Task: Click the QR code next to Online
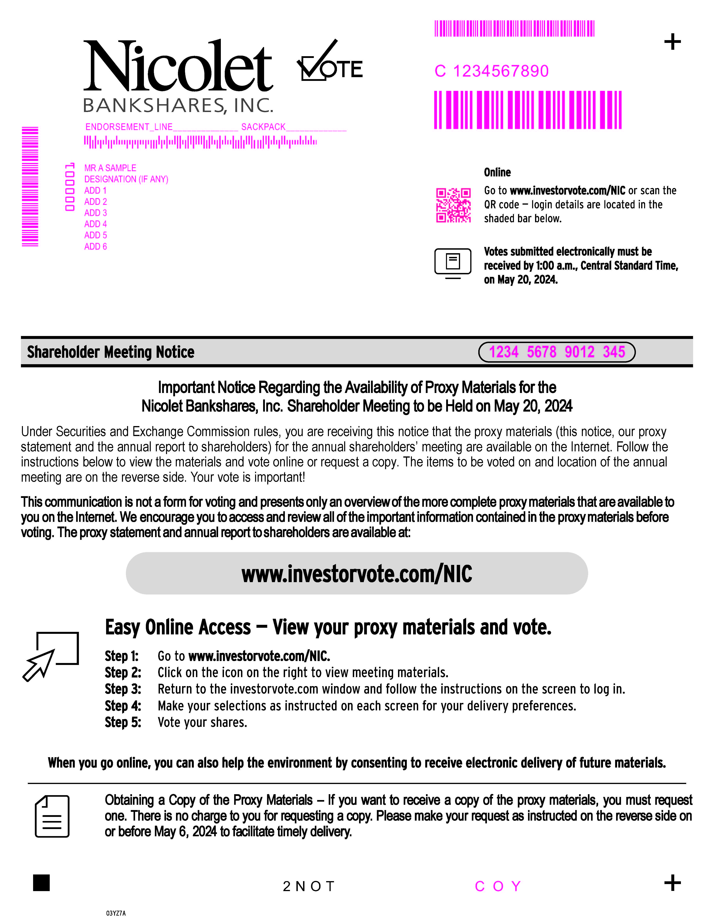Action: pyautogui.click(x=453, y=205)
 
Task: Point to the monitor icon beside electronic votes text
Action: pyautogui.click(x=453, y=263)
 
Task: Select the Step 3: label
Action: pyautogui.click(x=123, y=689)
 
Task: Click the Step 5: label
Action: pyautogui.click(x=123, y=722)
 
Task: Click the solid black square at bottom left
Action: pyautogui.click(x=42, y=882)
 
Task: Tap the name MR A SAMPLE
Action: pyautogui.click(x=110, y=168)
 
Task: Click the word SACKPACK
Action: pyautogui.click(x=263, y=127)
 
